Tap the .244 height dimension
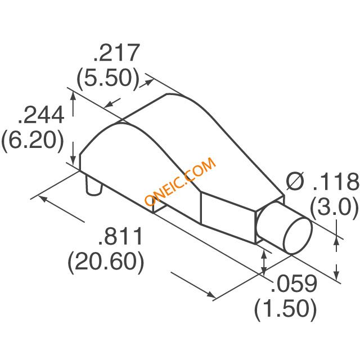click(x=41, y=115)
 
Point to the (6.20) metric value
click(x=32, y=140)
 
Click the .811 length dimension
click(x=120, y=236)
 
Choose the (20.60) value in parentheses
click(x=106, y=262)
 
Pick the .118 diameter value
click(x=335, y=181)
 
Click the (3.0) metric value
click(x=334, y=208)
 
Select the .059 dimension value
click(x=294, y=283)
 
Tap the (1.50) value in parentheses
click(x=285, y=309)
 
